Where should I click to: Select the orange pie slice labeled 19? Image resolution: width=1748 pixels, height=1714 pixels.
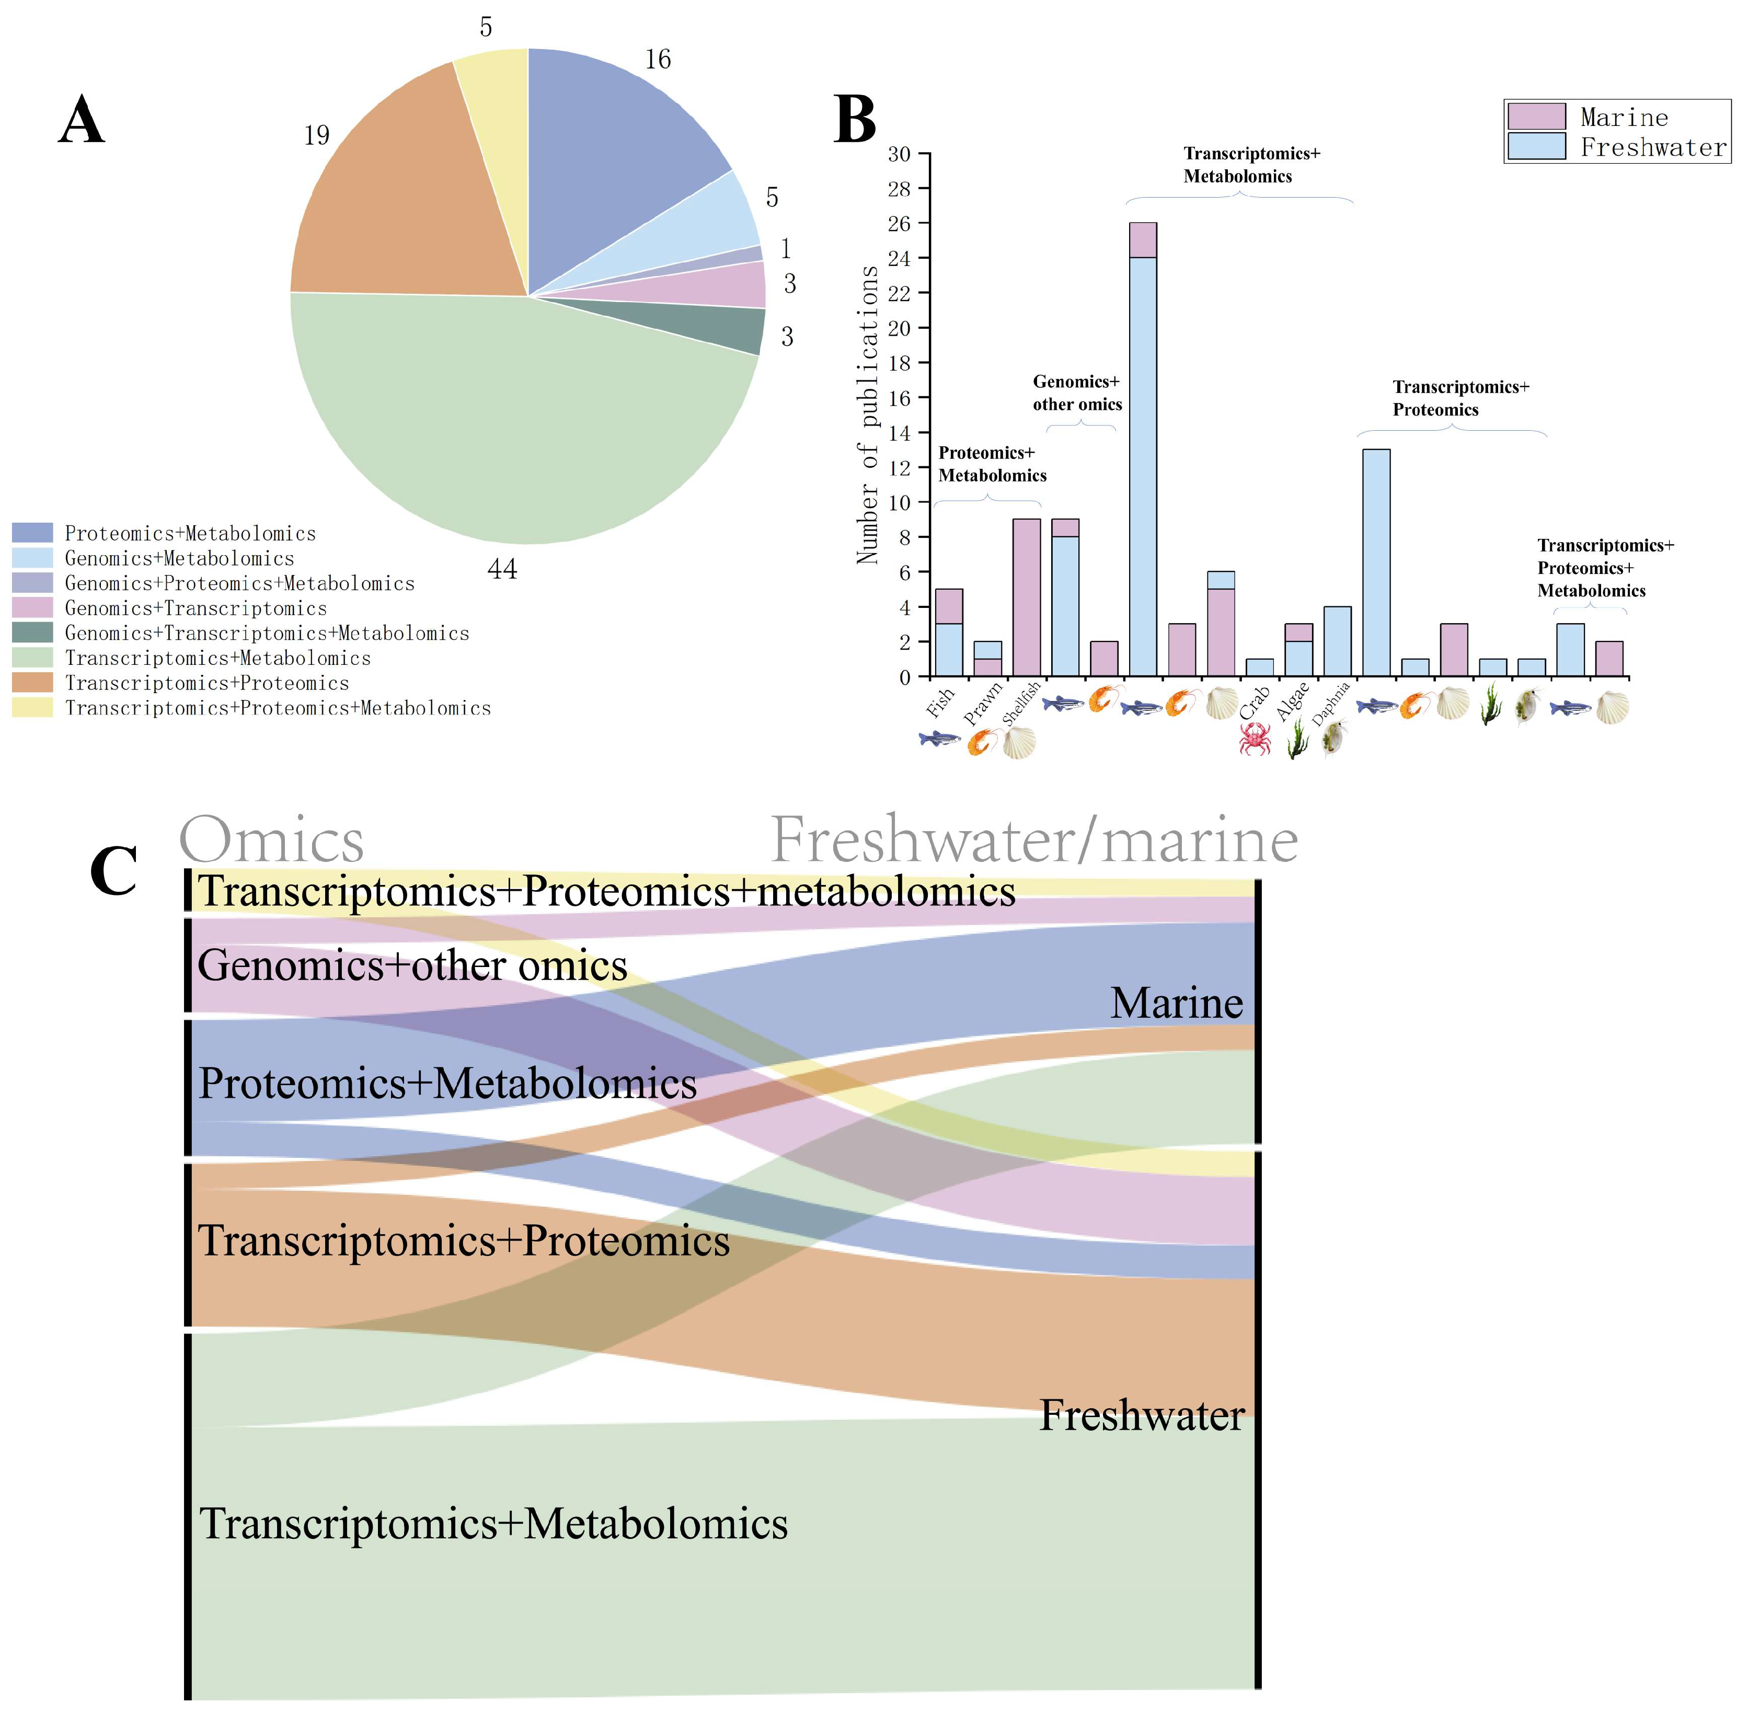click(x=396, y=207)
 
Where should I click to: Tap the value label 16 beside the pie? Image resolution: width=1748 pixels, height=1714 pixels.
click(x=658, y=60)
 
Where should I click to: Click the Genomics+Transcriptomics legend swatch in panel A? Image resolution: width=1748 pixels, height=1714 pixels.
click(x=32, y=607)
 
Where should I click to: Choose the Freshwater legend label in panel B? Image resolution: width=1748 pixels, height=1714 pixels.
click(x=1653, y=147)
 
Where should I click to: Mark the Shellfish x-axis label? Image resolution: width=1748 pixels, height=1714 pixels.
click(x=1021, y=702)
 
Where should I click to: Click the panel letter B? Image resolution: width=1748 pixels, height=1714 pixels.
click(x=854, y=120)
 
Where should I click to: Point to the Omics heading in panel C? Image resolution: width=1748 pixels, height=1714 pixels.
click(x=272, y=840)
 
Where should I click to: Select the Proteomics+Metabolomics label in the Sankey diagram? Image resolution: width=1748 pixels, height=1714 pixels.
click(x=447, y=1083)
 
